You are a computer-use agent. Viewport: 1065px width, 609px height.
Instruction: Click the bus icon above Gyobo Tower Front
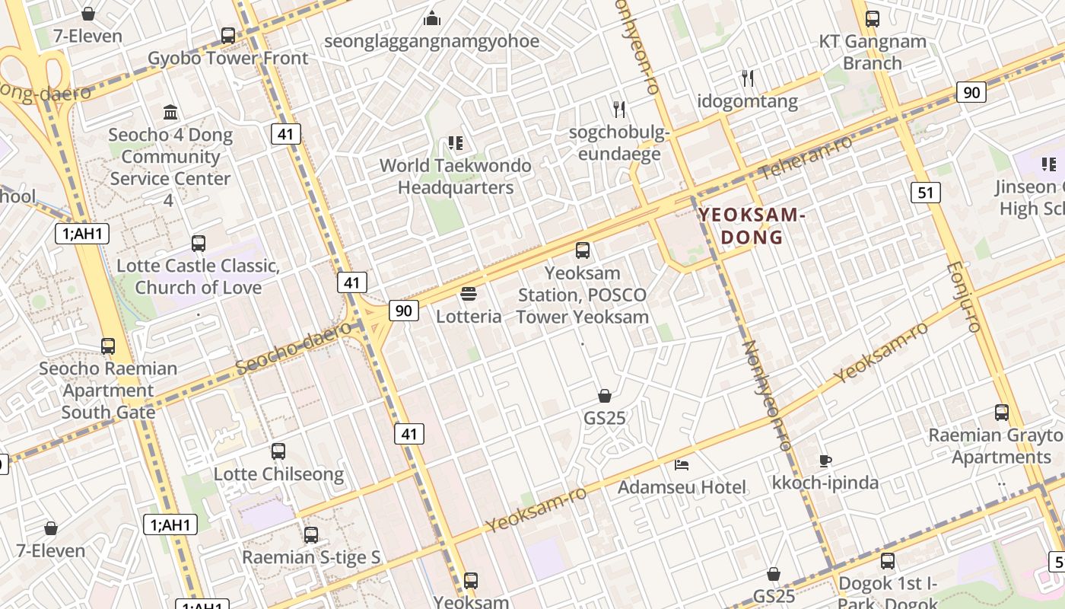227,35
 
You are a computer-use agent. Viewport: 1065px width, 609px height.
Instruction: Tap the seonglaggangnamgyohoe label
431,41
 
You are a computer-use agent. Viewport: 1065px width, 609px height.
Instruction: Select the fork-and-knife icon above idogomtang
748,78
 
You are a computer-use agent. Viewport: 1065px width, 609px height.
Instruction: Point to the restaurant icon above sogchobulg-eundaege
619,110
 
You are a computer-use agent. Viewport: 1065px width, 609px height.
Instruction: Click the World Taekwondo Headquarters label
456,176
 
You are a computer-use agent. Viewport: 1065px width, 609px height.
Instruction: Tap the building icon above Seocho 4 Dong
170,113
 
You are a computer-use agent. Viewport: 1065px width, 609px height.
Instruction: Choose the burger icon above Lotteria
469,294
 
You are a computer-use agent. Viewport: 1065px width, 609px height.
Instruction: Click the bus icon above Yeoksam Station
583,250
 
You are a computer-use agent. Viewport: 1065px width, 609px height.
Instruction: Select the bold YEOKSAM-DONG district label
752,226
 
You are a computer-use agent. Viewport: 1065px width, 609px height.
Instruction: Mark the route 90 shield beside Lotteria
403,310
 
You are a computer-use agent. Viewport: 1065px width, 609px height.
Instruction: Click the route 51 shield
925,192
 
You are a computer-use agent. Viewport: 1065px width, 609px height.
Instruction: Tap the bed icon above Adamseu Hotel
682,464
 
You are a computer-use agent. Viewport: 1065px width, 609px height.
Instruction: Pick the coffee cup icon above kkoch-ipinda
825,460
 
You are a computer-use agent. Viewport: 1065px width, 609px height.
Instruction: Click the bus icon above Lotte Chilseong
278,451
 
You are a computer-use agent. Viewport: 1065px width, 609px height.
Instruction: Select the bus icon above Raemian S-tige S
310,534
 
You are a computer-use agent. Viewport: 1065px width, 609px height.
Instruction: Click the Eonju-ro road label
963,297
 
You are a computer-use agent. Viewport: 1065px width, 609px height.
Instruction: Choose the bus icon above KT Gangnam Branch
873,19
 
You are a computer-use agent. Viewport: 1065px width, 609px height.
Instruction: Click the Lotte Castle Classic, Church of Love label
198,276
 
